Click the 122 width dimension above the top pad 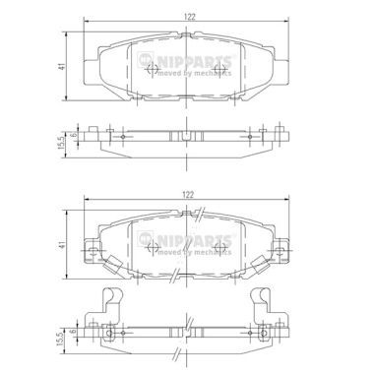[189, 17]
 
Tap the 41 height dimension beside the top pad [61, 66]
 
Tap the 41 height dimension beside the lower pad [62, 244]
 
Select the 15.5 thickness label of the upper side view [61, 144]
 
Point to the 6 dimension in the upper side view [74, 134]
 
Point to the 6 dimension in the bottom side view [74, 332]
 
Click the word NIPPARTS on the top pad [195, 61]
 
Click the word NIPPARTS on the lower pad [195, 240]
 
